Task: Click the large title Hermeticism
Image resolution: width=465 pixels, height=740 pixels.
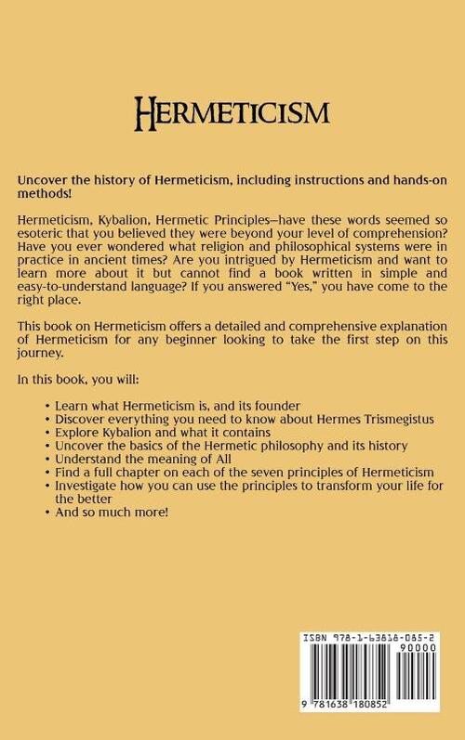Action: tap(232, 114)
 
